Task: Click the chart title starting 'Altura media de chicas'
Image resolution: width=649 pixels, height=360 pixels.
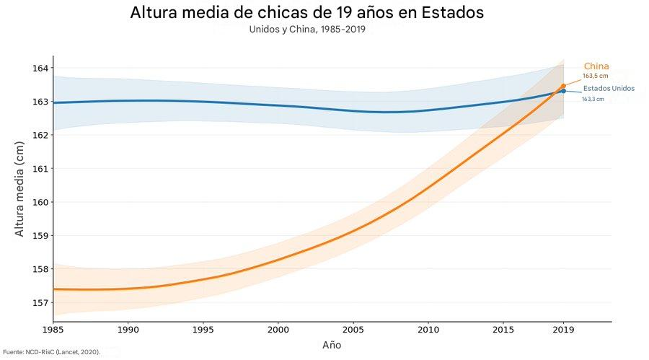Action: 307,13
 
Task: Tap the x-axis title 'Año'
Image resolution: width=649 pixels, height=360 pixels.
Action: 332,345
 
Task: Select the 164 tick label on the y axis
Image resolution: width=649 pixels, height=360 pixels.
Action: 40,69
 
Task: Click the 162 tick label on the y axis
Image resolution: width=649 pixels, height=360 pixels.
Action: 40,135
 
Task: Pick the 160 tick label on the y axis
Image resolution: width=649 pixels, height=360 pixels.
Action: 40,202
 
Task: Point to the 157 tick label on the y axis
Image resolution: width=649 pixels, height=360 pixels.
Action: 40,302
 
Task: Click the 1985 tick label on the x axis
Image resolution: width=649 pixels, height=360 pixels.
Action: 53,330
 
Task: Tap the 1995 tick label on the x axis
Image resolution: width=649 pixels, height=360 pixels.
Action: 203,330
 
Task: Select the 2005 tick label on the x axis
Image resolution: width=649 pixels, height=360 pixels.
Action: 353,330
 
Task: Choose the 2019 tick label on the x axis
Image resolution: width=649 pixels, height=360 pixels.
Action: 562,330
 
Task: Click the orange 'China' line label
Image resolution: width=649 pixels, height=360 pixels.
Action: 596,66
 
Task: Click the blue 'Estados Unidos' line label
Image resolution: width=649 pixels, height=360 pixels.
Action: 609,88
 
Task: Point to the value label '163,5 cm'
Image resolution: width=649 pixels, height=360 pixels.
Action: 596,76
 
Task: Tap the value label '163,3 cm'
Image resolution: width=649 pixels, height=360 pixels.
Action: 593,99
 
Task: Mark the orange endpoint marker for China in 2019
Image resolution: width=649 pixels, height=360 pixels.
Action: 563,86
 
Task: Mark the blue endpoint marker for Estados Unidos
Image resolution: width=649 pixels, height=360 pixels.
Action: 563,91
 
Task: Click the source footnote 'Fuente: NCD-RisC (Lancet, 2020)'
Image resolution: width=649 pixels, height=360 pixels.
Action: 50,352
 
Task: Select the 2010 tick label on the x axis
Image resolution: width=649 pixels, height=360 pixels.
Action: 428,330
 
